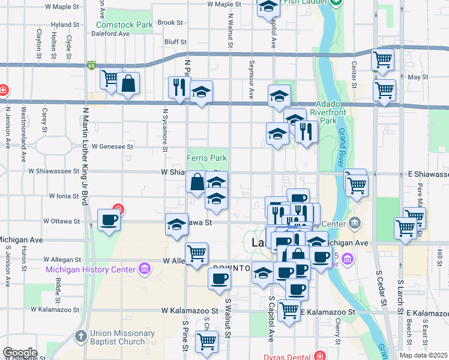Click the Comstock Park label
[x=124, y=25]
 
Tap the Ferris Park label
[x=206, y=158]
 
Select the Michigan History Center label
[x=91, y=269]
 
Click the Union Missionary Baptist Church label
[x=122, y=338]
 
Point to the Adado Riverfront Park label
[x=336, y=112]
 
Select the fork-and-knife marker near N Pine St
[x=179, y=87]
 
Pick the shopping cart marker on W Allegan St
[x=196, y=253]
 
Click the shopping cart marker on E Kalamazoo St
[x=289, y=310]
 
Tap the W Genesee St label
[x=111, y=146]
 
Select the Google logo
[x=20, y=352]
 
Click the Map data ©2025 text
[x=424, y=355]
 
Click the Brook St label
[x=170, y=22]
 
